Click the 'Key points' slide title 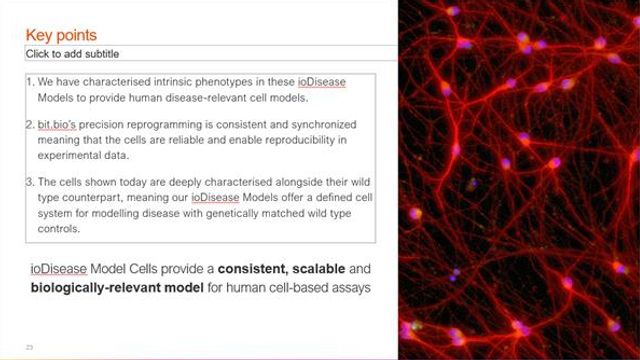pos(64,35)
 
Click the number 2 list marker pos(31,126)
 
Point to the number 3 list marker pos(31,182)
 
